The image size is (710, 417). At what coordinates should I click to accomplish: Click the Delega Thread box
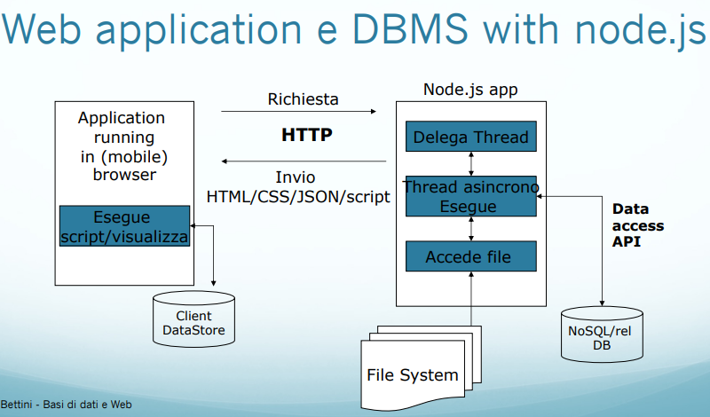(x=471, y=137)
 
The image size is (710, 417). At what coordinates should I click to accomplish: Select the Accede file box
(x=471, y=256)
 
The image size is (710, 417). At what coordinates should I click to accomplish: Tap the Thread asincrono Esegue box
(x=471, y=196)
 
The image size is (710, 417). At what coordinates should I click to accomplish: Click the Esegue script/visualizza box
(x=124, y=226)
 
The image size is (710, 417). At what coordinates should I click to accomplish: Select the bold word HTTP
(x=306, y=136)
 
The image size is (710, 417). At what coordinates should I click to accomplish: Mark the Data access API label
(x=637, y=225)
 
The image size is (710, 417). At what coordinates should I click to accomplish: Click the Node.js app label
(x=470, y=89)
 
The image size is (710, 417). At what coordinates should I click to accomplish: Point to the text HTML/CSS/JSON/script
(x=298, y=197)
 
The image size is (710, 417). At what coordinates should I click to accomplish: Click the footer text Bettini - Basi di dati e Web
(x=67, y=405)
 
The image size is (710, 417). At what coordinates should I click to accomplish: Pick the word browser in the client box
(x=123, y=174)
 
